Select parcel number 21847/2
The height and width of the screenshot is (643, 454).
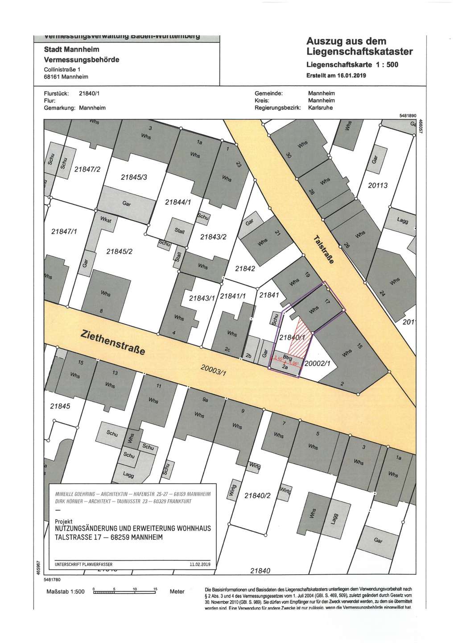pos(87,169)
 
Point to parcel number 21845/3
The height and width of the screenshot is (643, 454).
pos(137,177)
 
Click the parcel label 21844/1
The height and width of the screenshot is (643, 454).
pos(178,202)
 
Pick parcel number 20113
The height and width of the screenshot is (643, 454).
pos(378,185)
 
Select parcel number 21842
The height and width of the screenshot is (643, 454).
pos(245,268)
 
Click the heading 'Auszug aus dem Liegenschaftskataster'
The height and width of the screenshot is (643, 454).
pos(359,46)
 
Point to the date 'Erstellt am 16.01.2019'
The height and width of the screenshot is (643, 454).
pos(336,75)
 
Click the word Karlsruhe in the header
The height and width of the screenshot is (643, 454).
pos(320,108)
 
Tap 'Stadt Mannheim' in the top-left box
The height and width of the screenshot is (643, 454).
pos(71,49)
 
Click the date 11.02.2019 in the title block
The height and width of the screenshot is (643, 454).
pos(200,564)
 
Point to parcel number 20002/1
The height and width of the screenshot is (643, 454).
pos(317,363)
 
